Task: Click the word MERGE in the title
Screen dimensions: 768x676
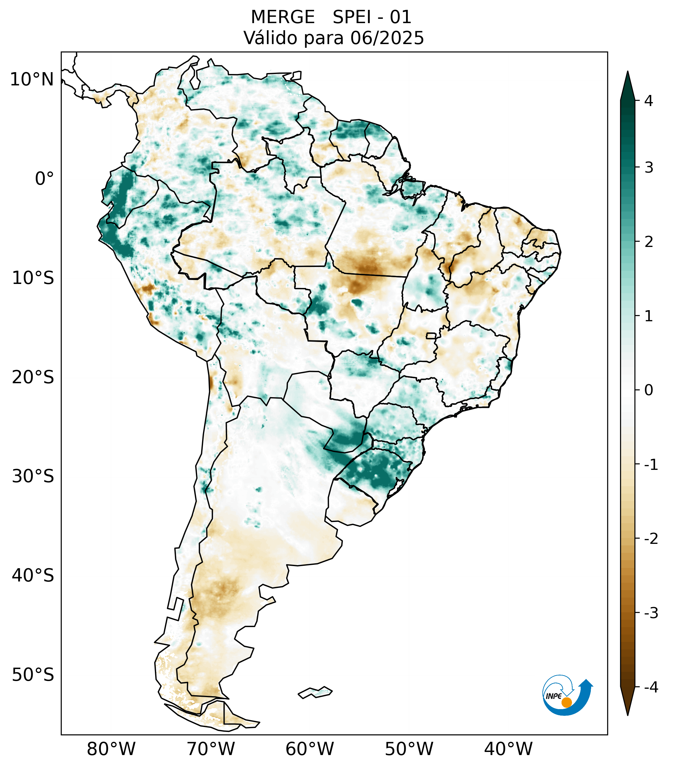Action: [282, 17]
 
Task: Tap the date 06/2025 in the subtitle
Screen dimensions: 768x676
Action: [387, 38]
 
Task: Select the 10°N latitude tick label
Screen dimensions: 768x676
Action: [32, 80]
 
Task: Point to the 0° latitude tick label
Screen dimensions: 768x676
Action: [44, 179]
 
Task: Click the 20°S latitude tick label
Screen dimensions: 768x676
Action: [33, 377]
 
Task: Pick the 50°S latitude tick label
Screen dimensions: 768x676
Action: [33, 675]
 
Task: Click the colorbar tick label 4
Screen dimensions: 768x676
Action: [649, 101]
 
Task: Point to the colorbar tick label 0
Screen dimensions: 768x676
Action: [649, 390]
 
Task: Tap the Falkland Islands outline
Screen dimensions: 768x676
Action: [315, 692]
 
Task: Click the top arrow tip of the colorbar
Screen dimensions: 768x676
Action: [627, 72]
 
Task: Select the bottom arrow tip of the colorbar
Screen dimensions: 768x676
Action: [627, 715]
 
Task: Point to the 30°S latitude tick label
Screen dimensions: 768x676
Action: [33, 476]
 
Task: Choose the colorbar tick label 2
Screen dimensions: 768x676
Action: [649, 242]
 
